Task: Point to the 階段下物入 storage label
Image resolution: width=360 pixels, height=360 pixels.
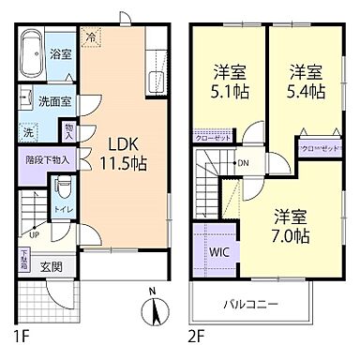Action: click(46, 160)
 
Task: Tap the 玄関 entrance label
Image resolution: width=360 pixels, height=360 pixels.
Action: click(51, 267)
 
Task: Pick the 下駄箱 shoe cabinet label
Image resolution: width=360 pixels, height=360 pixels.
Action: click(25, 257)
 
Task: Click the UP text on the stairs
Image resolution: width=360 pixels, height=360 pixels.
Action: click(35, 234)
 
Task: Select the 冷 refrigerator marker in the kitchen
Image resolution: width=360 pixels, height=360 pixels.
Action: click(91, 37)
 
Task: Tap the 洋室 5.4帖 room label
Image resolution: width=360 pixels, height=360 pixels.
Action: click(307, 82)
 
